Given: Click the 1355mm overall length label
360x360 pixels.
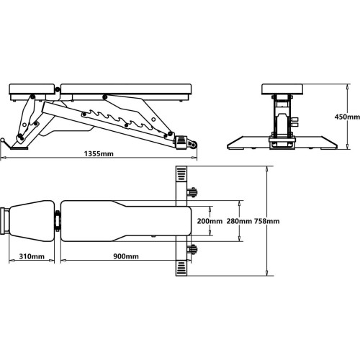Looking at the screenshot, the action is [x=99, y=153].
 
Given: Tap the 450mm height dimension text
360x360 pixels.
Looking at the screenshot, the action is [x=347, y=117].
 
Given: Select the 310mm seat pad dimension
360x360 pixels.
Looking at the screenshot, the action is [x=32, y=256].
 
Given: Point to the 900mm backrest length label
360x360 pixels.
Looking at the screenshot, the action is [x=126, y=256].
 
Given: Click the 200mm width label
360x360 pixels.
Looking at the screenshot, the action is [x=210, y=221].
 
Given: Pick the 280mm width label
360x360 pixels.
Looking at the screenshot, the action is [x=239, y=221].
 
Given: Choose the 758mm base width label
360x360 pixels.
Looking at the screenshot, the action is [x=267, y=221].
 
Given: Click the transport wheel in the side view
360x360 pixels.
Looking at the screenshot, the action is [x=193, y=144].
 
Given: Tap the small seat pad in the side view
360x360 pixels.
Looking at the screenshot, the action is [x=32, y=89].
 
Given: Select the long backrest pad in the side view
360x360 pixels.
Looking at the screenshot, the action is [x=126, y=89].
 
